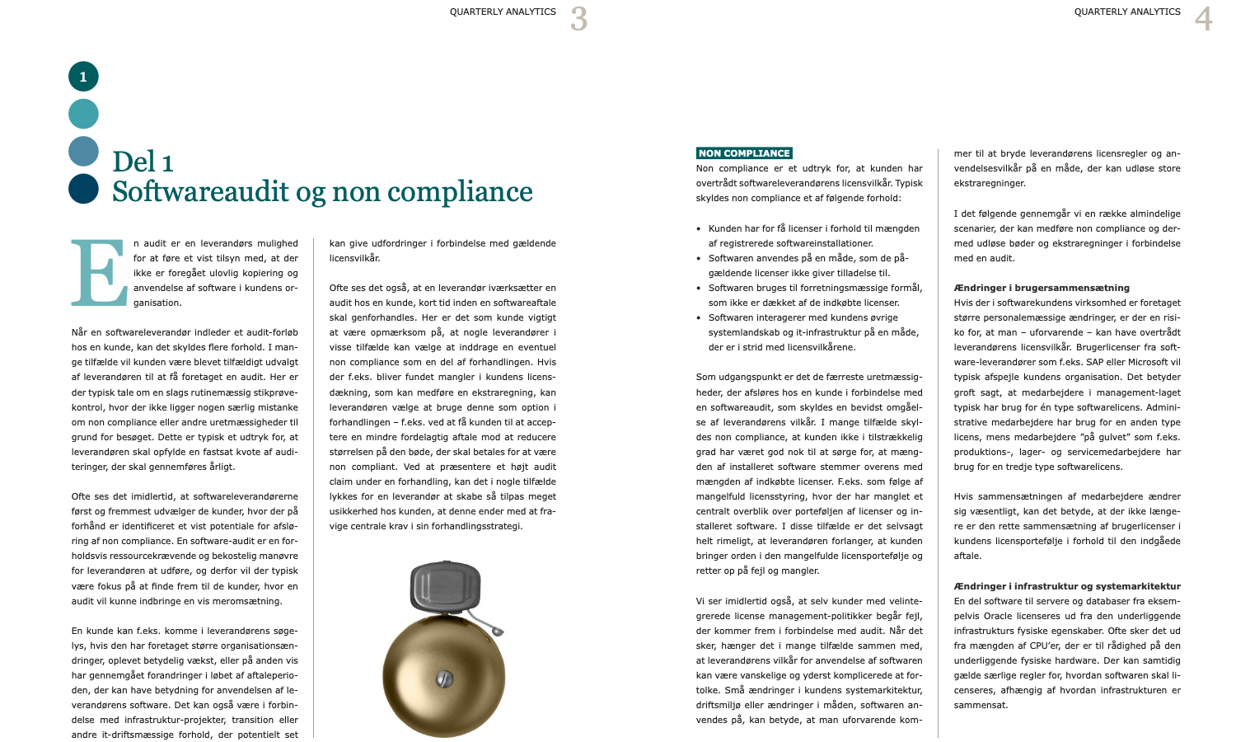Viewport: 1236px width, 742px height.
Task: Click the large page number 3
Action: point(579,19)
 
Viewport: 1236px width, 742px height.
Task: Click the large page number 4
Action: point(1204,19)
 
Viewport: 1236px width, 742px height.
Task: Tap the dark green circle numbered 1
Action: point(83,77)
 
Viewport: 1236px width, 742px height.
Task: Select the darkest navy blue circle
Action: point(83,189)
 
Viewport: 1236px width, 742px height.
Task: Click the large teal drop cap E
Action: point(99,273)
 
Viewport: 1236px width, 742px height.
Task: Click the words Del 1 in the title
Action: point(143,162)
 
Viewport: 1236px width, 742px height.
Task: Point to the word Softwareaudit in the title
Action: point(200,192)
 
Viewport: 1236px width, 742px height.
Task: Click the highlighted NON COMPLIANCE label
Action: point(744,153)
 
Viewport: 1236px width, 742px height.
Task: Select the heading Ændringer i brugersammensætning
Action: point(1042,288)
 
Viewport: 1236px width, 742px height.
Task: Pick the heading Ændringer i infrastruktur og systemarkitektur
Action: point(1067,586)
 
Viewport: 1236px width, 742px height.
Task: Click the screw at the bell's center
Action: point(444,679)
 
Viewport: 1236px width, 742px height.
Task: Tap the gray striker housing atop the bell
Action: point(445,588)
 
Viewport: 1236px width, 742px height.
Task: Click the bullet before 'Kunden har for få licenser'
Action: point(699,229)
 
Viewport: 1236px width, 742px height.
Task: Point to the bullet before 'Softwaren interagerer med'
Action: point(699,318)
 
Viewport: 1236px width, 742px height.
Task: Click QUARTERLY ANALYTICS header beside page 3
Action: point(503,12)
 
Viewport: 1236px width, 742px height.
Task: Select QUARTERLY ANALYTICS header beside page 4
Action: point(1127,12)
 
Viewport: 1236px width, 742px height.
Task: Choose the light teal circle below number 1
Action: point(83,114)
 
